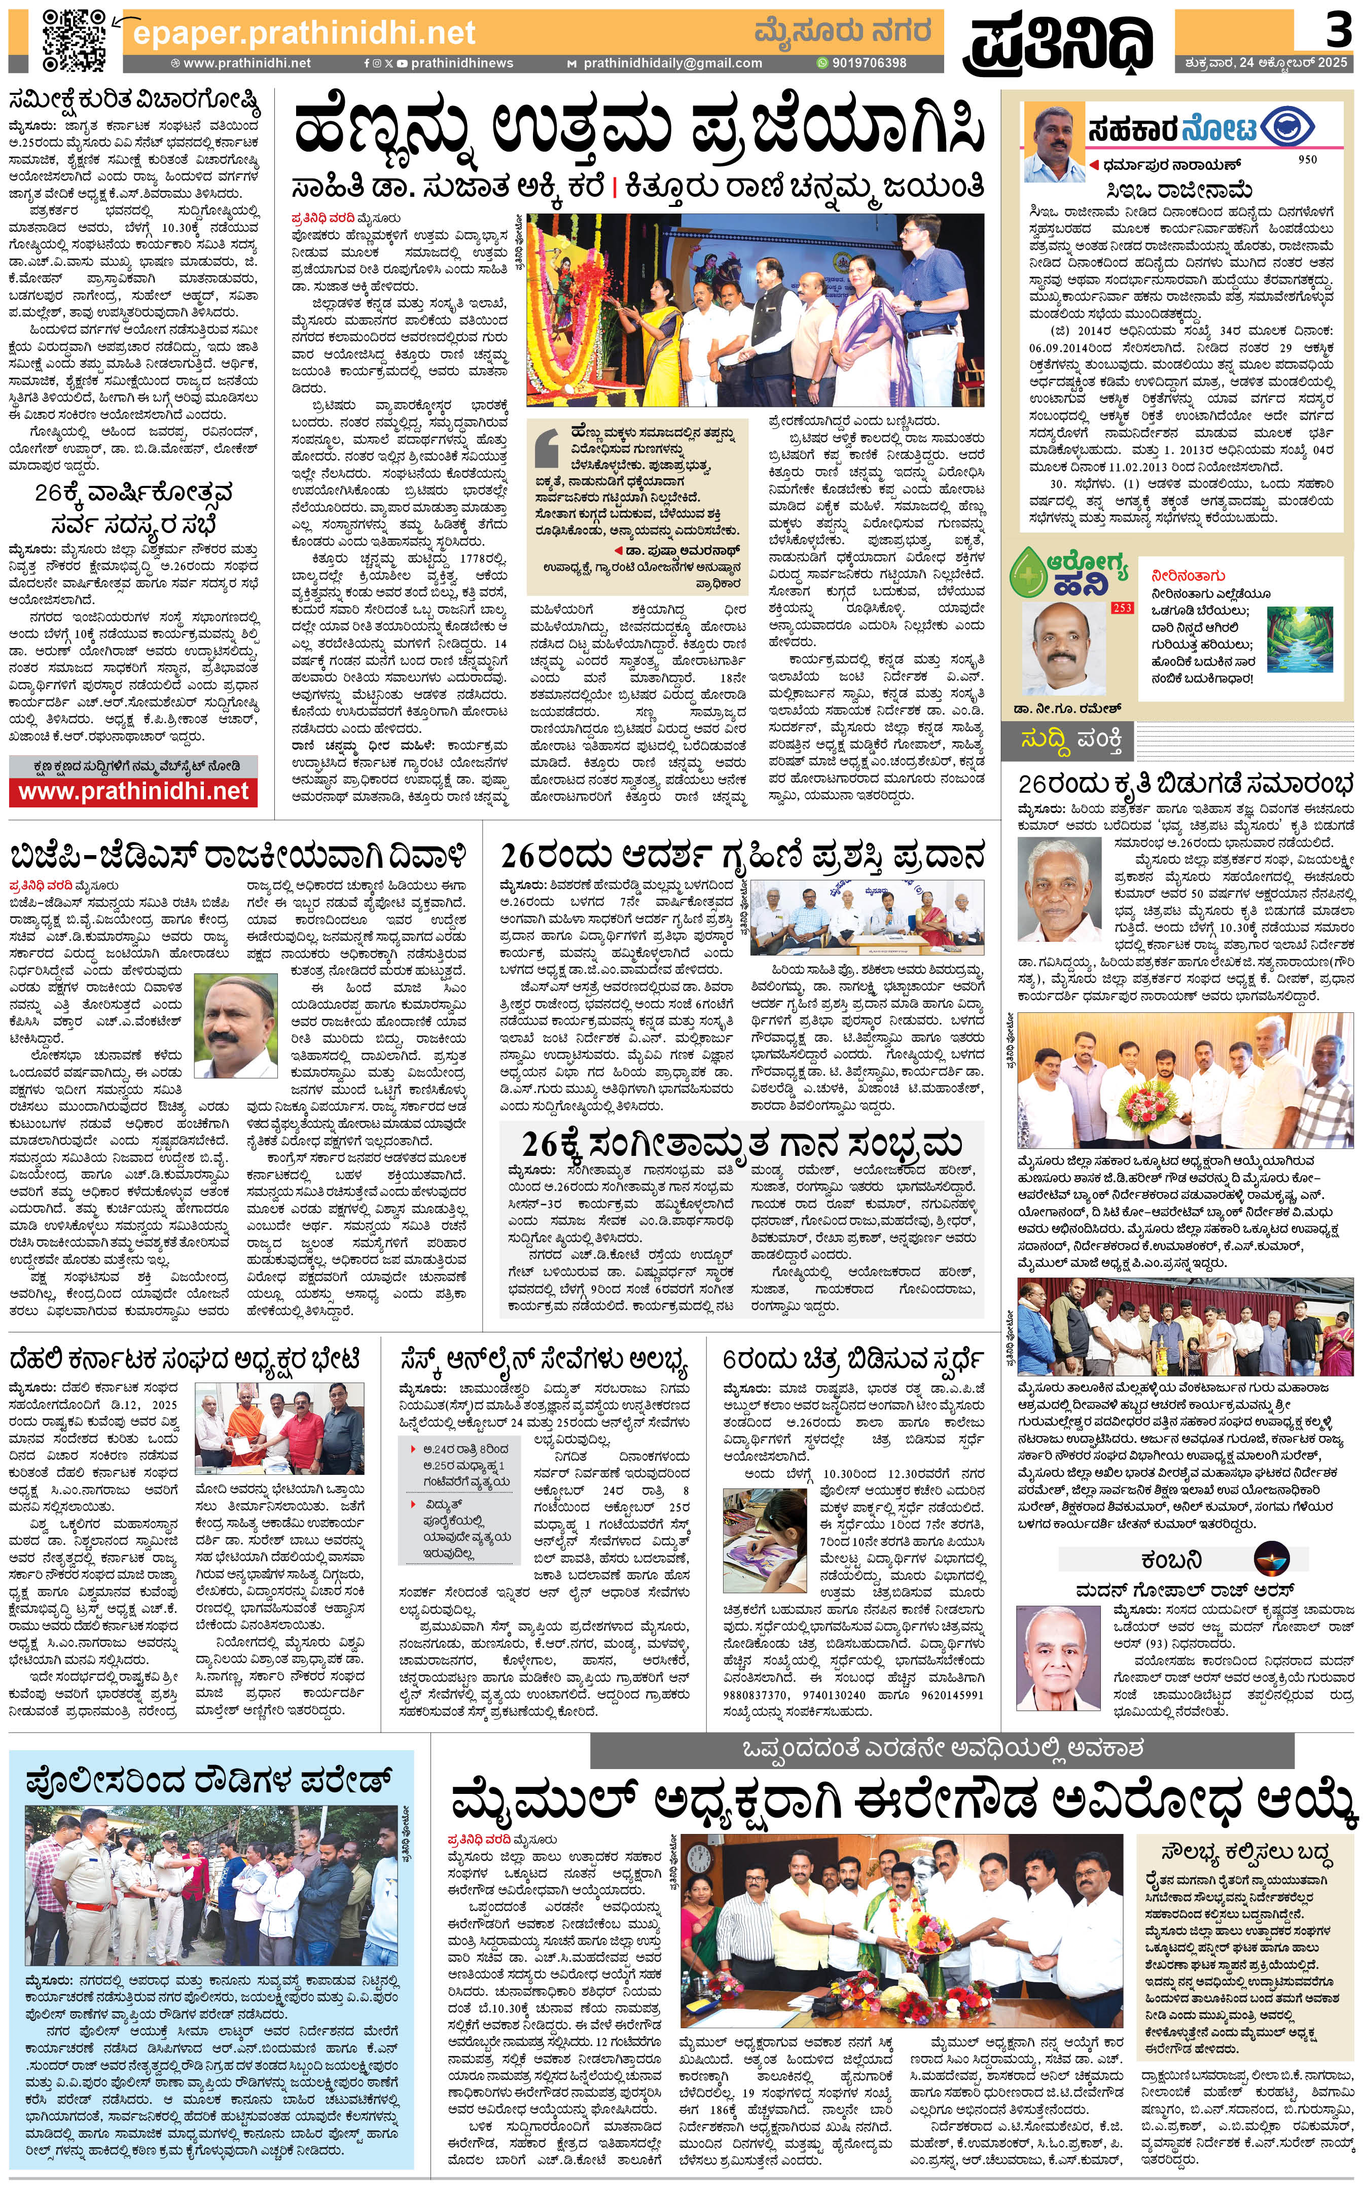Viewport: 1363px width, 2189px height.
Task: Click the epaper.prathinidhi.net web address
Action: [304, 33]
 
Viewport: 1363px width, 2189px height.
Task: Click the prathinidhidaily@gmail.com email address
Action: [672, 63]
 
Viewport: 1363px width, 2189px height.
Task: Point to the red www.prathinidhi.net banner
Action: [133, 792]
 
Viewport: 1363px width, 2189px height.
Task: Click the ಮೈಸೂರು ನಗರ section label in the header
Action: [842, 32]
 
